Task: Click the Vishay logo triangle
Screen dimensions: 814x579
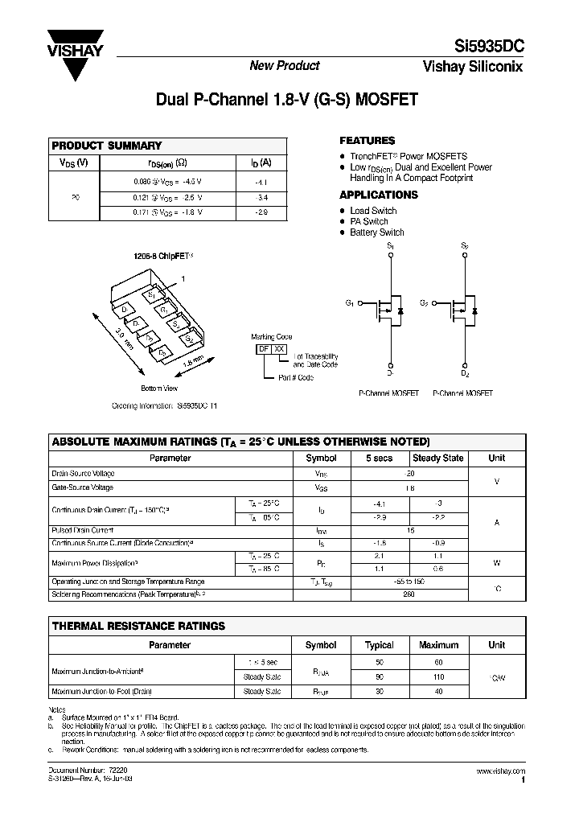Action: click(75, 65)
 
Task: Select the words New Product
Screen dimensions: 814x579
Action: click(284, 66)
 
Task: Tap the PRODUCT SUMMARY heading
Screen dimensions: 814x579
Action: click(107, 146)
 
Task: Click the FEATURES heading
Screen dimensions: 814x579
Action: click(367, 140)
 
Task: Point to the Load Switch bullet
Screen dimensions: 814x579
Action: click(372, 211)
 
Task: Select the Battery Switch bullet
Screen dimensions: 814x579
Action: click(376, 232)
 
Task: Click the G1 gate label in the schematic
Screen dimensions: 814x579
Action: click(350, 302)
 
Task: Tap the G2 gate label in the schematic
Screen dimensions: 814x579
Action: click(424, 302)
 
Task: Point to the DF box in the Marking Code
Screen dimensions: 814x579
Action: click(263, 348)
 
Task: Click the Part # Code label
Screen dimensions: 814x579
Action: click(296, 377)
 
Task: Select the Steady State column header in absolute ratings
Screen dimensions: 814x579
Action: click(437, 458)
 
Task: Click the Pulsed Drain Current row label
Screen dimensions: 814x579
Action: click(83, 531)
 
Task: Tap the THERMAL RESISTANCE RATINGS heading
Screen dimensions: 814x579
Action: click(138, 626)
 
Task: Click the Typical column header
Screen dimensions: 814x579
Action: click(380, 645)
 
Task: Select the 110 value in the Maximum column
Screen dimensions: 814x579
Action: click(438, 676)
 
